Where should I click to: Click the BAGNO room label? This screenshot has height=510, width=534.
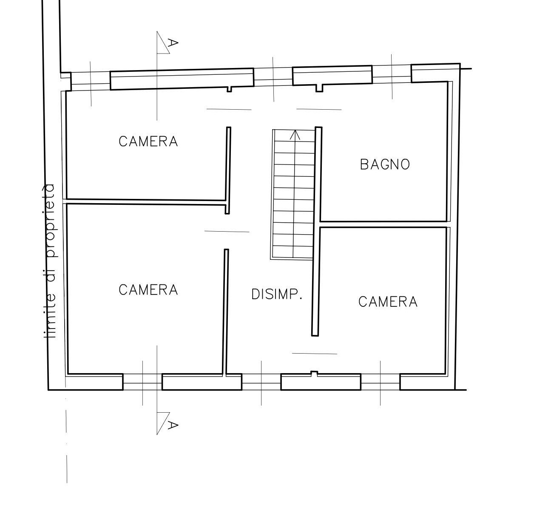385,164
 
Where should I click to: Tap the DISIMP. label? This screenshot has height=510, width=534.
277,294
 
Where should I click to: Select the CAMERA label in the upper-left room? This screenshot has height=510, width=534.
148,141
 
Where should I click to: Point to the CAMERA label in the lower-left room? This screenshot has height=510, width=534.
148,290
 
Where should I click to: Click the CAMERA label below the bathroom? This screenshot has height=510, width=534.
388,301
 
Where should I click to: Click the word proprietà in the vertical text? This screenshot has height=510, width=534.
49,221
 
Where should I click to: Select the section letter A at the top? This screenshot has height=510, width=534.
173,43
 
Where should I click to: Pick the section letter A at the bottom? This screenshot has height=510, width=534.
173,425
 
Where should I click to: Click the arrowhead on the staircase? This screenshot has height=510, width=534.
295,135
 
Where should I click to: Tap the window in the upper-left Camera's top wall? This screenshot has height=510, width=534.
91,81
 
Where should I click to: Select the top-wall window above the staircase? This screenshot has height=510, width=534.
273,77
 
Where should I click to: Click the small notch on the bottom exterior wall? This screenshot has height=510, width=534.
314,373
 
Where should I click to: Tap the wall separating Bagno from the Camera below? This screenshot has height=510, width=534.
383,224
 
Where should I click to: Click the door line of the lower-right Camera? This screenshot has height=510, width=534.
315,354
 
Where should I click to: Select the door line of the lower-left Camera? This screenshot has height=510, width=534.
227,232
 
